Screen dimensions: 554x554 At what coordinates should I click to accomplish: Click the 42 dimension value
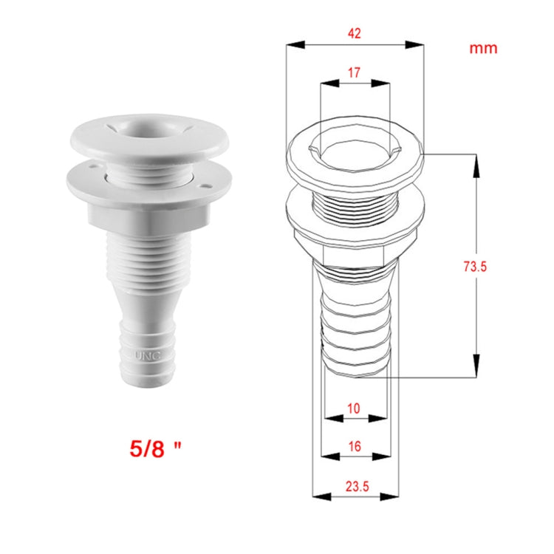pos(354,33)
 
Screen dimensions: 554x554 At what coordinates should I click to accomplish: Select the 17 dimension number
pos(354,73)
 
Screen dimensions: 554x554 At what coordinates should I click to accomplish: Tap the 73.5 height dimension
pos(475,267)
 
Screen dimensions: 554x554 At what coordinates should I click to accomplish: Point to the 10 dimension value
pos(354,408)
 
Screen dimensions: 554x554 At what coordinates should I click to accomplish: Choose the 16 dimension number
pos(354,446)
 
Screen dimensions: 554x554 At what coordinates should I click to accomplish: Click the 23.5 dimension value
pos(355,485)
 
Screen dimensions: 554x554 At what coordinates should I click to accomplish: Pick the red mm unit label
pos(483,49)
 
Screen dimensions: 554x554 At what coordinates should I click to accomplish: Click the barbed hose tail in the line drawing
pos(355,325)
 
